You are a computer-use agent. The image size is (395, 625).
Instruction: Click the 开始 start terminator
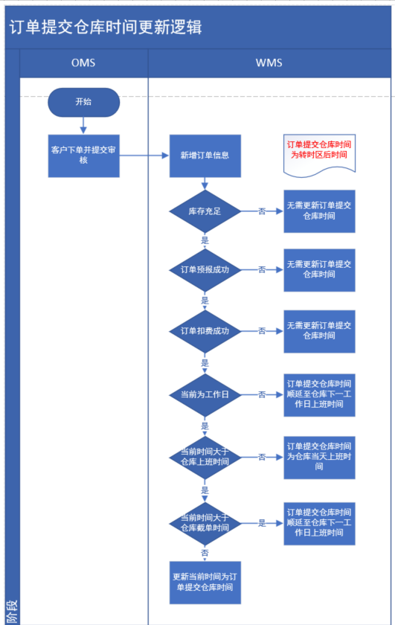84,102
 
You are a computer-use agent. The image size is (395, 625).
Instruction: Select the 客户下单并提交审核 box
84,156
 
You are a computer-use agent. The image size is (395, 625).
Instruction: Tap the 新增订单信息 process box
205,156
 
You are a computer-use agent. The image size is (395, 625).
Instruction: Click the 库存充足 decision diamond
205,211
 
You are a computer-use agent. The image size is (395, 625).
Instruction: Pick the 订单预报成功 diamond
205,270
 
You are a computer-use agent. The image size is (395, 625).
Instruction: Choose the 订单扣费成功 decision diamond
205,331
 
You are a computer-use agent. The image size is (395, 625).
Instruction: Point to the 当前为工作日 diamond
205,394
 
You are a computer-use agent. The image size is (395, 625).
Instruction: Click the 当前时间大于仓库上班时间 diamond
205,457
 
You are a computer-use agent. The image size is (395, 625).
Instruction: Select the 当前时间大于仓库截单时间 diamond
205,523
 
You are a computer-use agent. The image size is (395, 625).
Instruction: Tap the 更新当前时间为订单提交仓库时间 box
205,583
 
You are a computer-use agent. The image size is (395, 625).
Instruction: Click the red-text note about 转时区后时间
319,155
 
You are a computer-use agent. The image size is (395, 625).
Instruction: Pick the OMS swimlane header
83,63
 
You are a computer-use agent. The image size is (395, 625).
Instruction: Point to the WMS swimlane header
269,63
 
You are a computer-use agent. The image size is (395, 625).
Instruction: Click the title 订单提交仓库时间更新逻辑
106,27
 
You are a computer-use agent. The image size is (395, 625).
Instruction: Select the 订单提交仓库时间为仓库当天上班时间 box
319,457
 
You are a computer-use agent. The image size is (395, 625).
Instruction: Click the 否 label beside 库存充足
262,211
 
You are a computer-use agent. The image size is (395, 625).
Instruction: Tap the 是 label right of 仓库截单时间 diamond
262,523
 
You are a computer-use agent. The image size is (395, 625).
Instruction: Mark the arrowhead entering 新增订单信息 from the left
165,156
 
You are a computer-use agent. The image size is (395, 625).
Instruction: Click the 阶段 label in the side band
12,612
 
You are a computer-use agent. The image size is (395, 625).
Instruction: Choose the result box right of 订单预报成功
319,270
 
